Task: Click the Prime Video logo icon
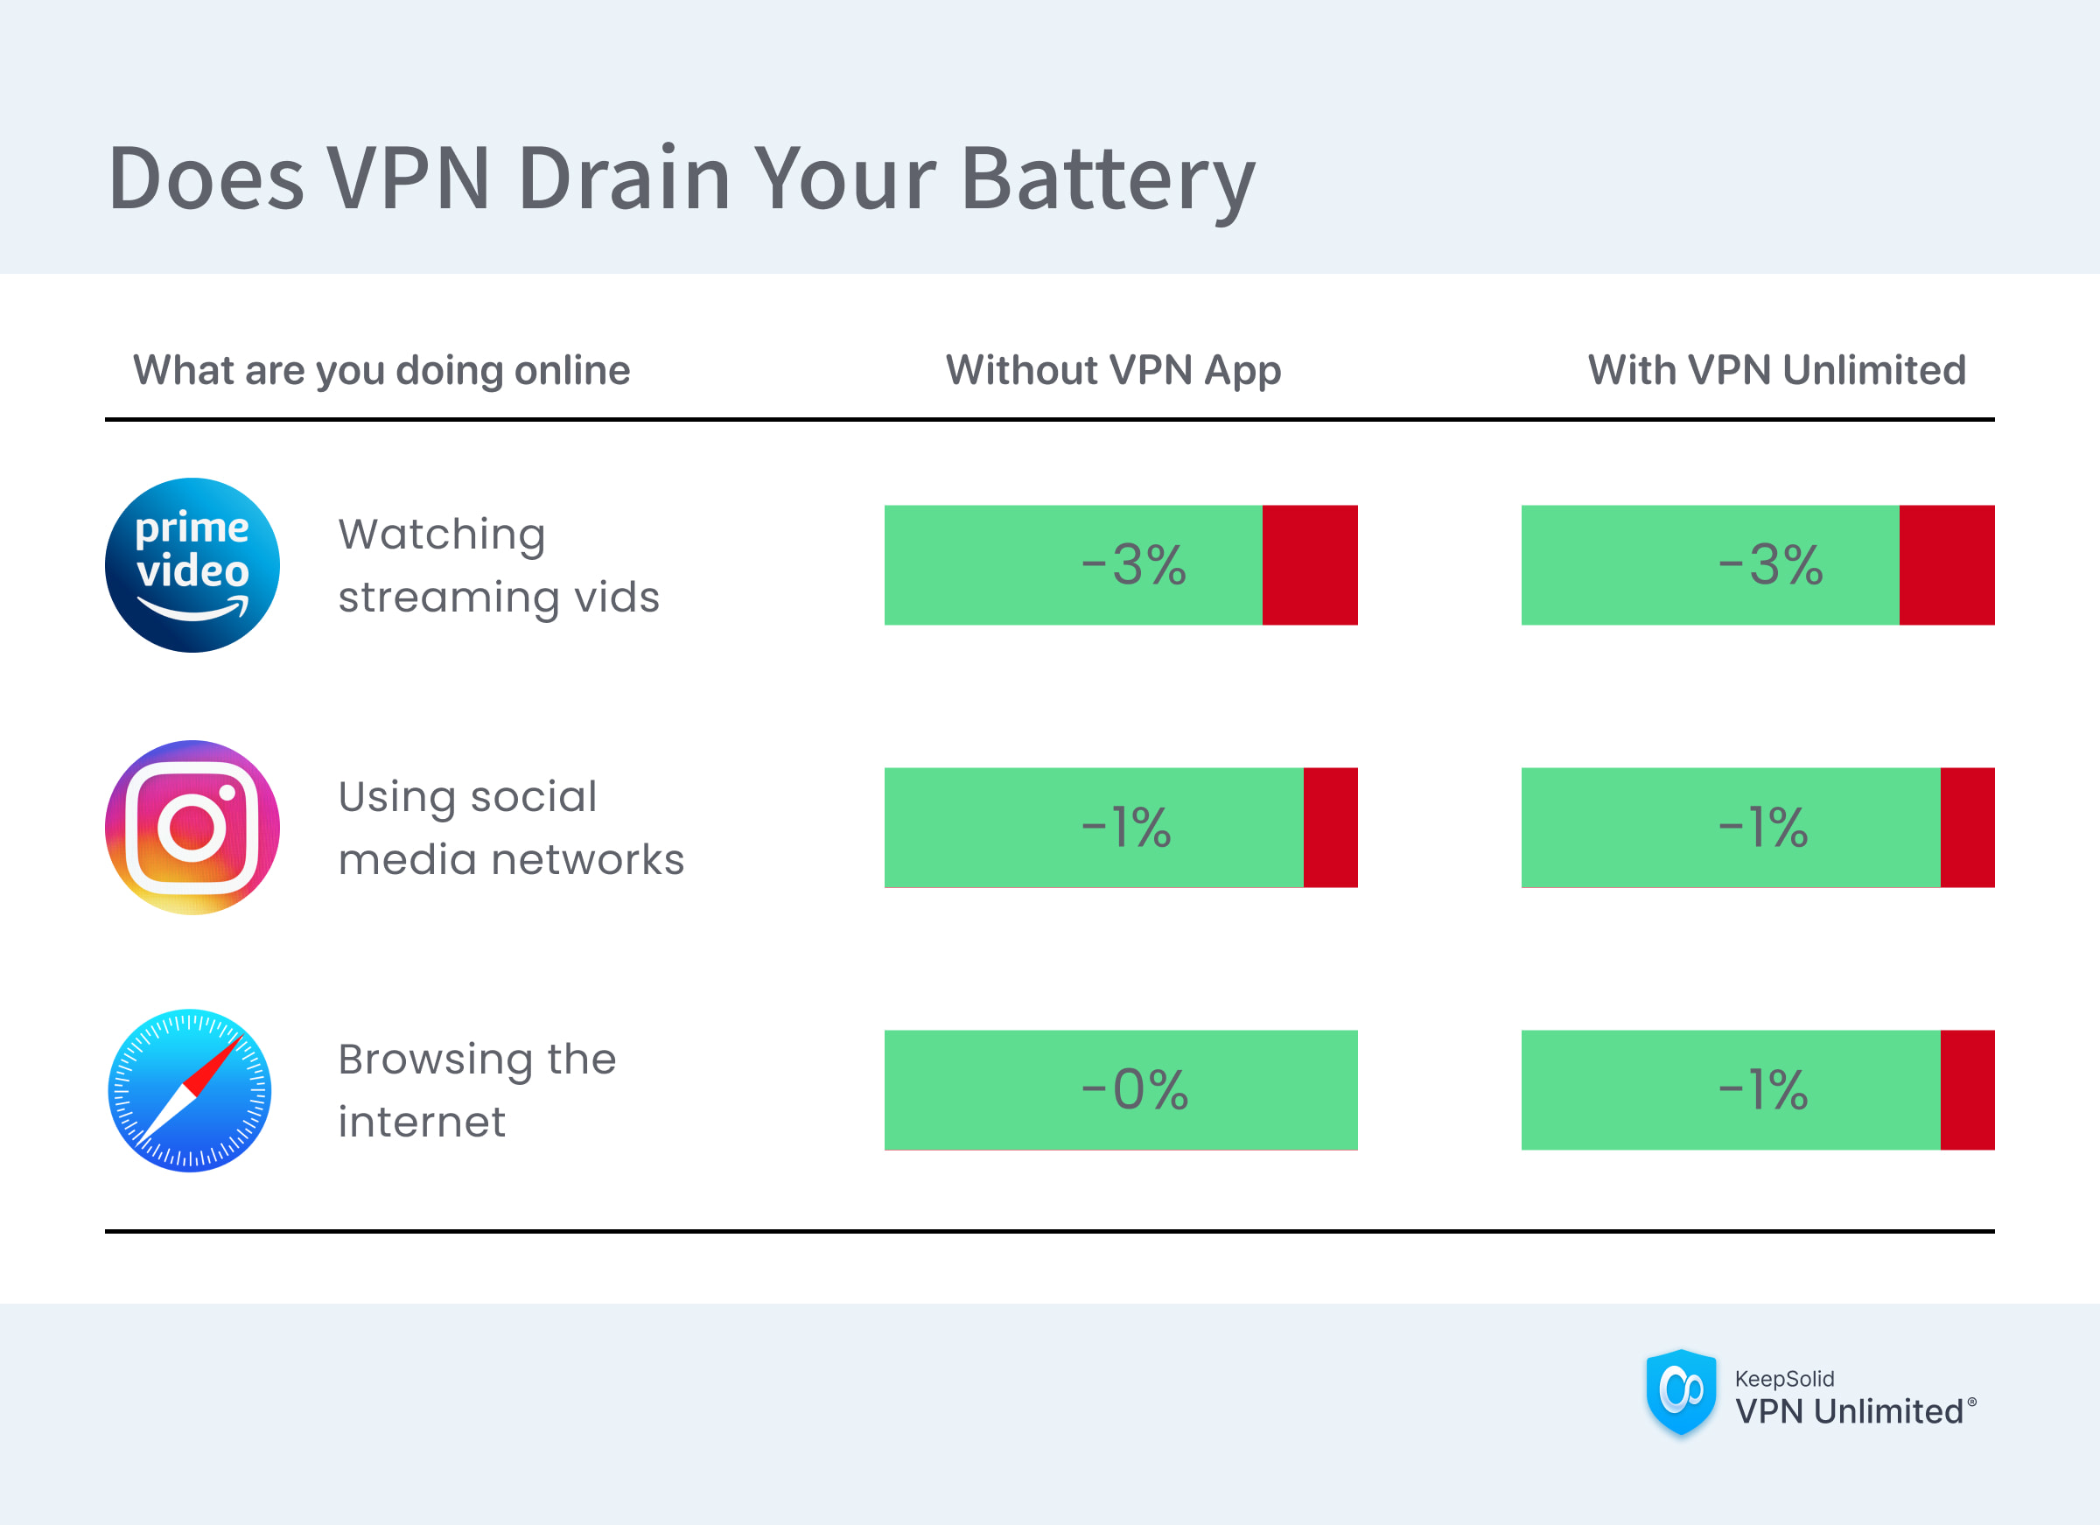[192, 565]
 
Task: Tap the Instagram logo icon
[192, 827]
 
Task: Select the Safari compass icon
[190, 1090]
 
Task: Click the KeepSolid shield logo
[1681, 1392]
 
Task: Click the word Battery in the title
[1108, 178]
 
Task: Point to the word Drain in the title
[623, 178]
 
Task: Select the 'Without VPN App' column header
[1113, 370]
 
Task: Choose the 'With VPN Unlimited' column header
[1776, 370]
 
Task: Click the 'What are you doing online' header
[381, 370]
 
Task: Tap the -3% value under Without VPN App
[1133, 565]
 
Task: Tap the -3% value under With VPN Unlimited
[1769, 565]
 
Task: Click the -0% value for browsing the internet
[1134, 1090]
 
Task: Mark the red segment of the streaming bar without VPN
[1309, 565]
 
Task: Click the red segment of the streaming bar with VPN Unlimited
[1946, 565]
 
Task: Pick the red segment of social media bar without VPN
[1330, 827]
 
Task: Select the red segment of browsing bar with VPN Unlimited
[1967, 1090]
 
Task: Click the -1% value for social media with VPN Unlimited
[1762, 827]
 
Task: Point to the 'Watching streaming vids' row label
[498, 565]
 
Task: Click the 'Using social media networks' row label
[510, 827]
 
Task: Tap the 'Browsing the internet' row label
[476, 1090]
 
